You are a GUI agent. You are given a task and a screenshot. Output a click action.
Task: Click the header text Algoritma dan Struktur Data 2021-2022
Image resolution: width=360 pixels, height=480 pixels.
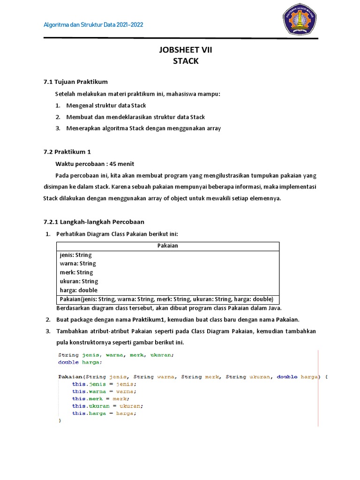(x=93, y=24)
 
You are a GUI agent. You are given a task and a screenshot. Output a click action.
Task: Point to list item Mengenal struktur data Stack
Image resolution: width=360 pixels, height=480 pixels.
(x=106, y=105)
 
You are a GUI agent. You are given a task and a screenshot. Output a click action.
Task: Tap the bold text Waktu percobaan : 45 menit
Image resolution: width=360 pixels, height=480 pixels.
(x=95, y=164)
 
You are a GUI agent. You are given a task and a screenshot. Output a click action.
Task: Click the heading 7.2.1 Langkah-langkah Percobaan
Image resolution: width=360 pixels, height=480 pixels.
(x=94, y=222)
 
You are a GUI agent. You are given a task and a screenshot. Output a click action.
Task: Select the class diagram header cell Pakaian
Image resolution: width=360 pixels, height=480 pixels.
(x=167, y=246)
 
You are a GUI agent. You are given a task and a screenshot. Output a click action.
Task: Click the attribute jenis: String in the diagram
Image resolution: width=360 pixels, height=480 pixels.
(x=76, y=255)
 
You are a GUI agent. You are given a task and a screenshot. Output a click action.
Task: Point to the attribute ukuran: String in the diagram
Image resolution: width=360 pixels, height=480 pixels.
(x=79, y=281)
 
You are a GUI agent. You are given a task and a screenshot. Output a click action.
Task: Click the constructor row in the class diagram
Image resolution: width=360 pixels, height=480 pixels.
(x=166, y=299)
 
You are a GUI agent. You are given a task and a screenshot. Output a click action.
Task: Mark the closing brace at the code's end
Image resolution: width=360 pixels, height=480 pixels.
(x=60, y=421)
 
